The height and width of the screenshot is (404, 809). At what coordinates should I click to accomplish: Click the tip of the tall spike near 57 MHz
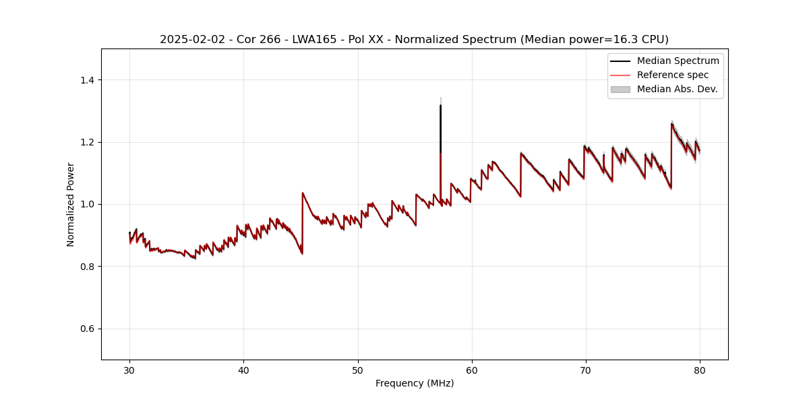440,105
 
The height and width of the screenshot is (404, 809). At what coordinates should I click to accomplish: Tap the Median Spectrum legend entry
678,61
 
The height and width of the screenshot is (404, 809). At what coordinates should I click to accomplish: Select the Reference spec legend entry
673,75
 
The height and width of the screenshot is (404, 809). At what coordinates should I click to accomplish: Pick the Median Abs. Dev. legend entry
677,89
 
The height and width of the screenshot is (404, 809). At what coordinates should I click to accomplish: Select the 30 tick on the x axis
129,369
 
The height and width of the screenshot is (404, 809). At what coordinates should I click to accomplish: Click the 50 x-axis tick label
358,369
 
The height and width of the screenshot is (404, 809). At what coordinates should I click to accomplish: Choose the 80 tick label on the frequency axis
700,369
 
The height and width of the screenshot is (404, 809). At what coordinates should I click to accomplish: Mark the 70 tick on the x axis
586,369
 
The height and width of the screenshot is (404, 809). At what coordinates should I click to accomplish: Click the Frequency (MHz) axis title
415,383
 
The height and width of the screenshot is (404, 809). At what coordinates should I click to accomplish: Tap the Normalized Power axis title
71,204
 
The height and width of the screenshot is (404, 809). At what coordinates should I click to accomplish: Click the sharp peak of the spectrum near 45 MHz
303,193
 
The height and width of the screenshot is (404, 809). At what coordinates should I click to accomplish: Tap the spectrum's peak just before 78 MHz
671,123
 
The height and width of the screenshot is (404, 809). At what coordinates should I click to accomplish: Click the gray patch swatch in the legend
620,89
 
